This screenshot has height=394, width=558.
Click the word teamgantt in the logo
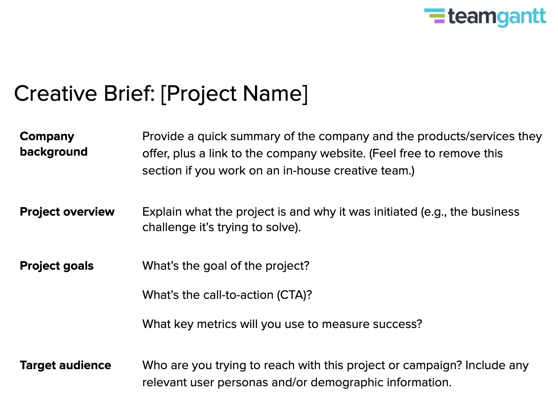pyautogui.click(x=497, y=17)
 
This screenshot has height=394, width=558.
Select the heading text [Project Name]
pyautogui.click(x=234, y=94)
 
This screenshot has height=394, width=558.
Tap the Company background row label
pyautogui.click(x=54, y=144)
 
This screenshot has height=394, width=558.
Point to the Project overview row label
pyautogui.click(x=67, y=212)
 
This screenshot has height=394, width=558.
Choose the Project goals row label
pyautogui.click(x=57, y=266)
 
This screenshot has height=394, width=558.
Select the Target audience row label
pyautogui.click(x=65, y=365)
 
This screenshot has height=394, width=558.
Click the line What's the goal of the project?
pyautogui.click(x=226, y=266)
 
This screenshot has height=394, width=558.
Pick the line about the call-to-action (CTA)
pyautogui.click(x=227, y=295)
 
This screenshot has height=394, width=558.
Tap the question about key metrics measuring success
pyautogui.click(x=282, y=324)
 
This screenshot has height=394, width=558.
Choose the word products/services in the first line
pyautogui.click(x=462, y=136)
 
